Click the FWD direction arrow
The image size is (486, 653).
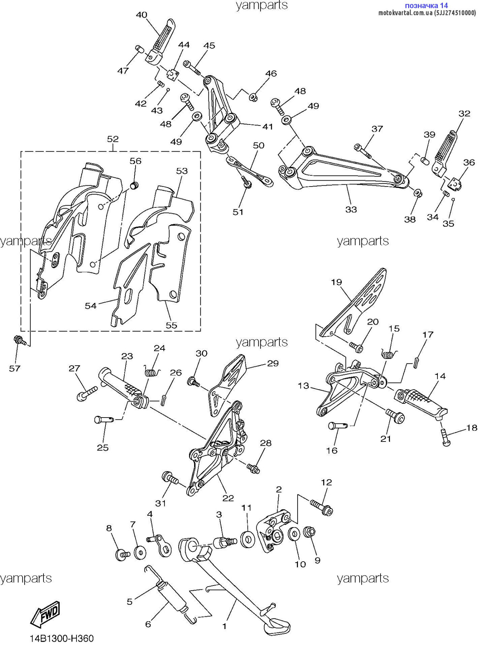coord(45,614)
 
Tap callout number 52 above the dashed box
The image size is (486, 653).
coord(113,139)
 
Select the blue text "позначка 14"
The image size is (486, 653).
coord(426,5)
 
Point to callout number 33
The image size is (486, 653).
coord(351,209)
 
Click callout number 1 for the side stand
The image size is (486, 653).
coord(224,626)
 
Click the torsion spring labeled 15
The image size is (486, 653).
coord(389,353)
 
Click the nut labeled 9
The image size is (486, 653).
coord(309,533)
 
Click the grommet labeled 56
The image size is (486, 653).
coord(134,186)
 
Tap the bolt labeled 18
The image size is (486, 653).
coord(446,437)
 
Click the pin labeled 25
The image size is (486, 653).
coord(104,420)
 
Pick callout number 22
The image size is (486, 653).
coord(228,498)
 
